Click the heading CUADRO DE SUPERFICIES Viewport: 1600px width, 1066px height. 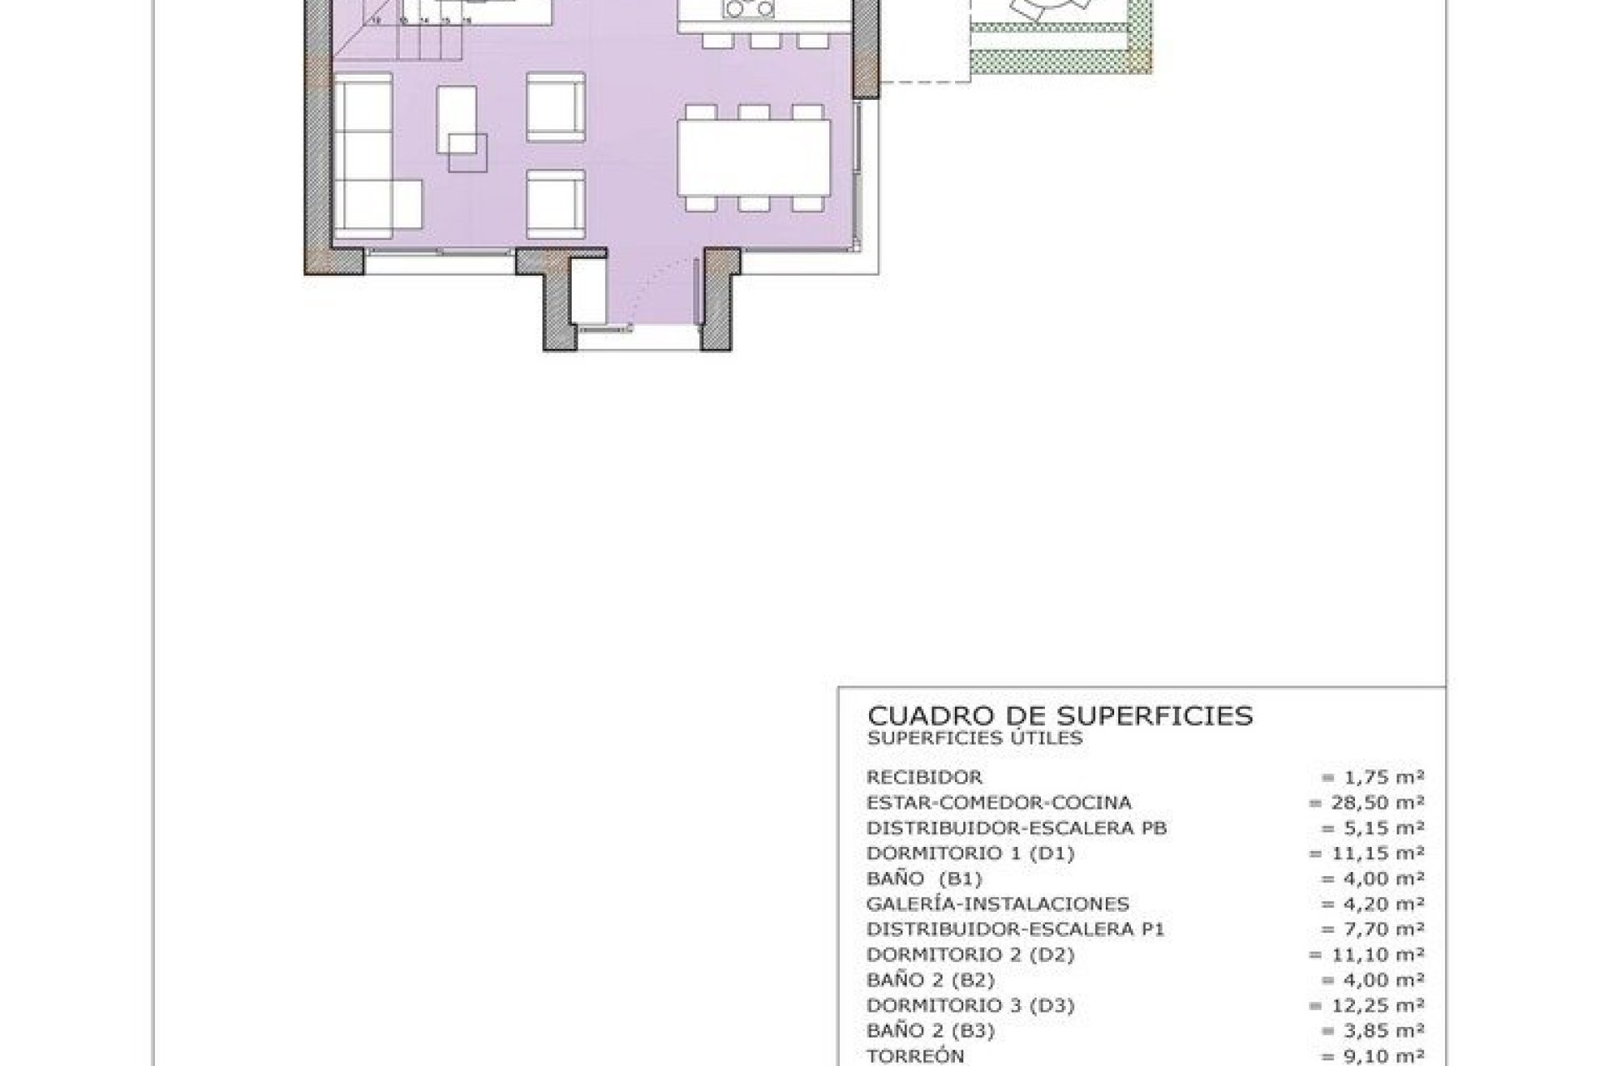click(x=1060, y=716)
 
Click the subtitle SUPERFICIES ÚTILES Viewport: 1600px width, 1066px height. click(x=974, y=739)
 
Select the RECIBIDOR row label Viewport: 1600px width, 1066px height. click(x=924, y=778)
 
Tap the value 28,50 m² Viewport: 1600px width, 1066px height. click(x=1366, y=803)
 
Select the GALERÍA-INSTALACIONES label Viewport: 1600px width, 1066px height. click(x=997, y=904)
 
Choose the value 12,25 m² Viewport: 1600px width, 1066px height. click(x=1366, y=1005)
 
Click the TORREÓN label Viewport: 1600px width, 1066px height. click(x=915, y=1056)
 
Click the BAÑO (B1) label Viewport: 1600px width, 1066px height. click(x=924, y=879)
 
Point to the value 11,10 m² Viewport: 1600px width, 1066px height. click(x=1366, y=955)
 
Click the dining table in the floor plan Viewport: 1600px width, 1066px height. click(x=754, y=157)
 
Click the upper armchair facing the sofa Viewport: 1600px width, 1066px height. click(x=555, y=107)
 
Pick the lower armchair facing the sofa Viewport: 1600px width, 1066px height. click(x=555, y=204)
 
